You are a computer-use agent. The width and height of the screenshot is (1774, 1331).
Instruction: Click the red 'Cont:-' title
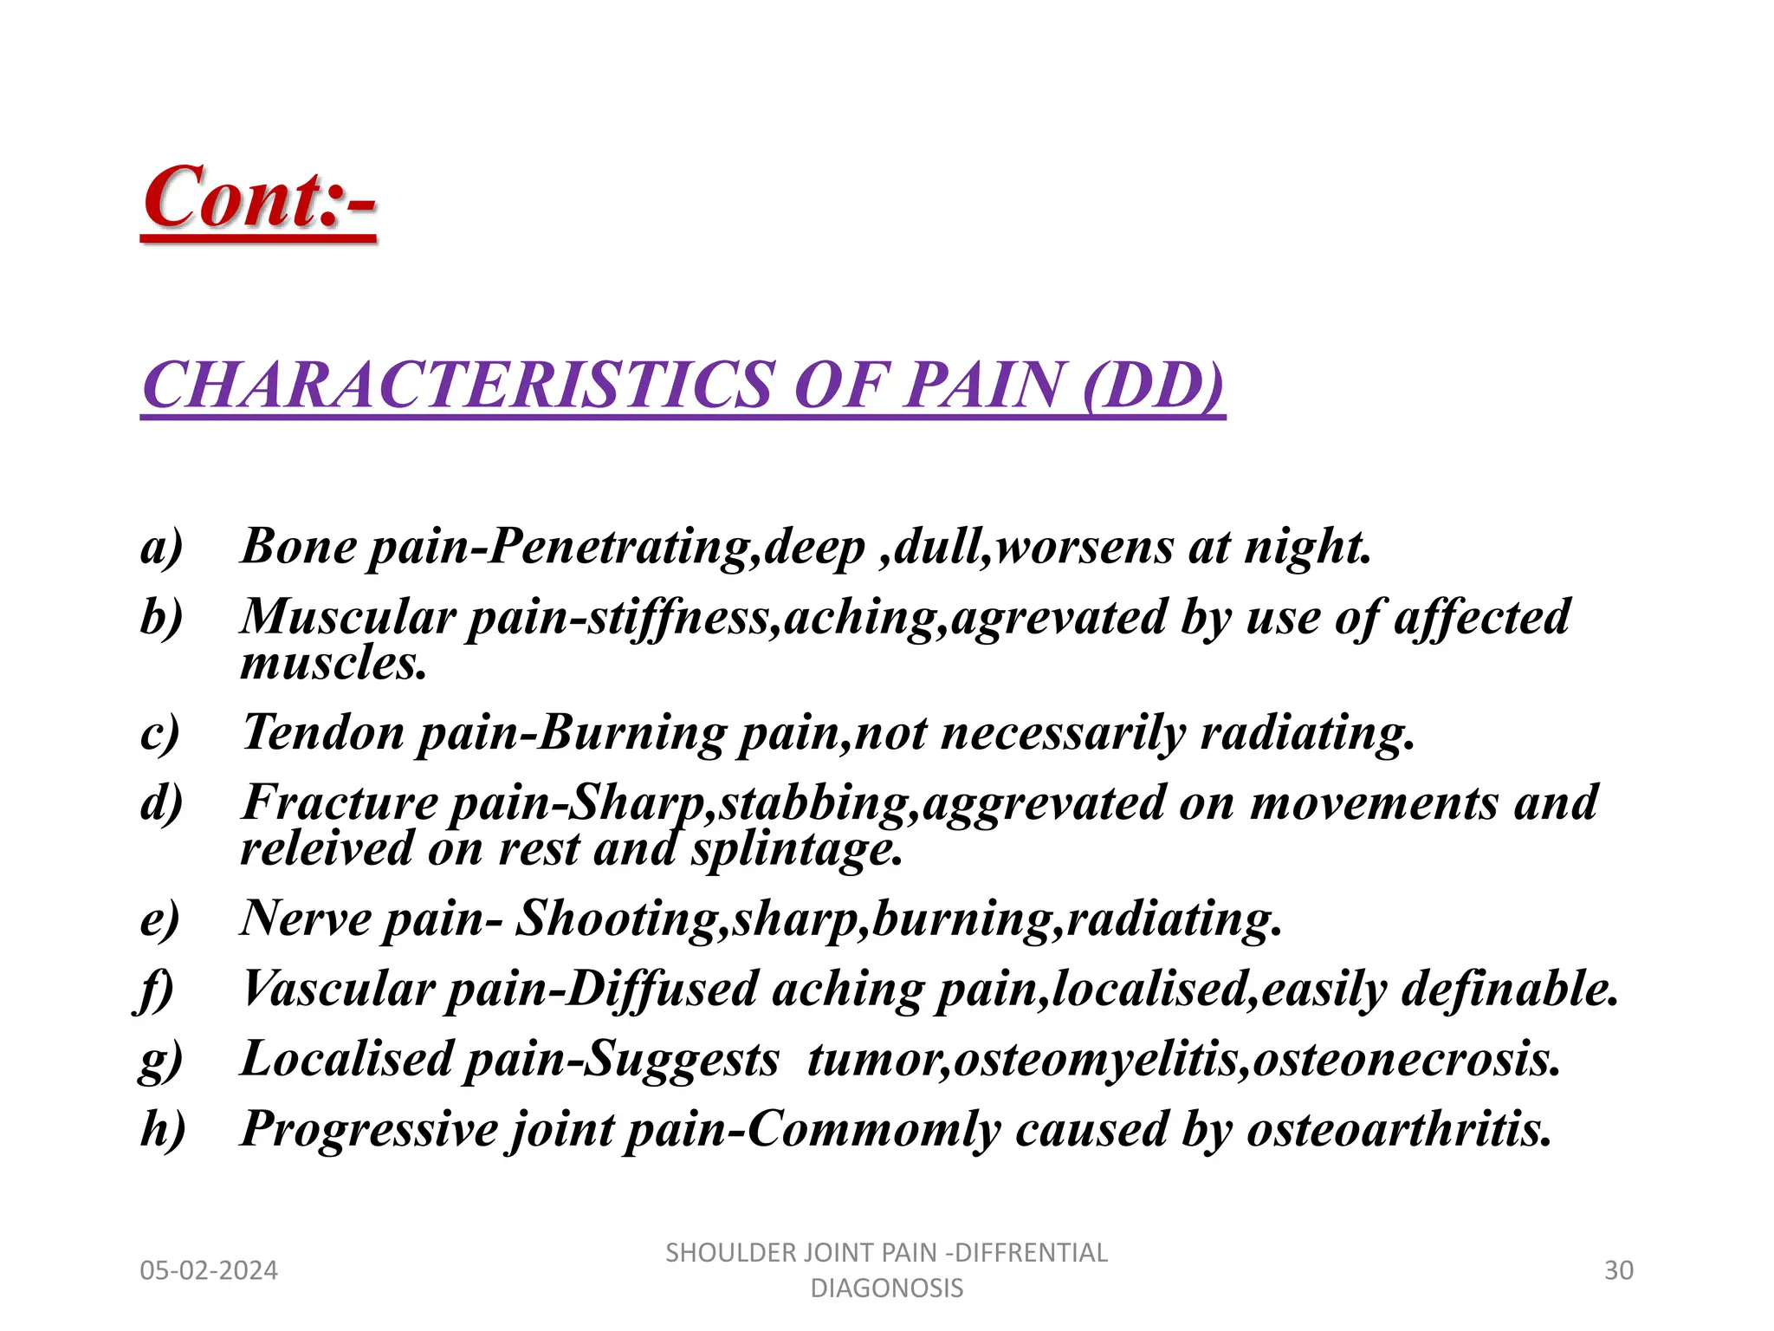pyautogui.click(x=259, y=198)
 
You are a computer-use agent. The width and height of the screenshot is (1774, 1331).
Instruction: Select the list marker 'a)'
pyautogui.click(x=162, y=548)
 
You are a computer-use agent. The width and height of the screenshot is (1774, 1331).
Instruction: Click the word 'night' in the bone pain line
pyautogui.click(x=1306, y=548)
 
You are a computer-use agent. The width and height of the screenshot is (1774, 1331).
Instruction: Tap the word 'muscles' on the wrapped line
pyautogui.click(x=333, y=664)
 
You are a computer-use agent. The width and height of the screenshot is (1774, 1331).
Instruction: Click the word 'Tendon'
pyautogui.click(x=323, y=733)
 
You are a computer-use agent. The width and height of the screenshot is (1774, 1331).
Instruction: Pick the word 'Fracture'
pyautogui.click(x=340, y=802)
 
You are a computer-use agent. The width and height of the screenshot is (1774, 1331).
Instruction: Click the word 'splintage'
pyautogui.click(x=796, y=849)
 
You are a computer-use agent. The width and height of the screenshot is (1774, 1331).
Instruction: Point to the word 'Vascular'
pyautogui.click(x=338, y=989)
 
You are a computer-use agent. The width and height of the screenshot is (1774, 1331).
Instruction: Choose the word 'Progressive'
pyautogui.click(x=370, y=1130)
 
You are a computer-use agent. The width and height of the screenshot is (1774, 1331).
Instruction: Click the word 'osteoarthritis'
pyautogui.click(x=1398, y=1130)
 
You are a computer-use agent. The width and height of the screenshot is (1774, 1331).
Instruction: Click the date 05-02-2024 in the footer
pyautogui.click(x=209, y=1270)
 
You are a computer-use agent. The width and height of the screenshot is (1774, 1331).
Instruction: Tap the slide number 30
pyautogui.click(x=1618, y=1270)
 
